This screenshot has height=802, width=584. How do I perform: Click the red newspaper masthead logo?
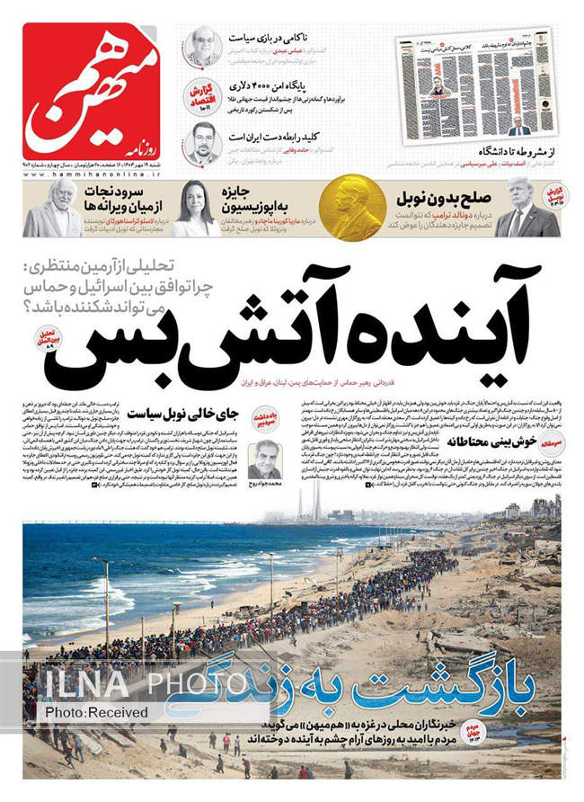coord(90,90)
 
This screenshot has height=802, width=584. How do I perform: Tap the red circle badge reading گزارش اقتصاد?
coord(206,95)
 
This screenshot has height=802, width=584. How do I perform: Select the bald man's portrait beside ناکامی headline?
coord(203,46)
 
